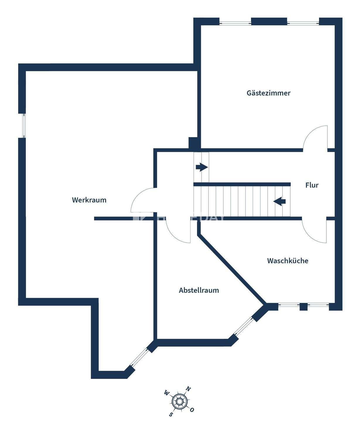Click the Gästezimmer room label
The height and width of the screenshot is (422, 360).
coord(268,93)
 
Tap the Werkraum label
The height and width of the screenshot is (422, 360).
coord(89,200)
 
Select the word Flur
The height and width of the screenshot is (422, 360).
coord(312,185)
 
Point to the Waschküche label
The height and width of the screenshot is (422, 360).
coord(288,261)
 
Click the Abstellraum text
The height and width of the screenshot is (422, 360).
coord(199,290)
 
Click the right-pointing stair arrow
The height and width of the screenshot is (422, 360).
coord(202,167)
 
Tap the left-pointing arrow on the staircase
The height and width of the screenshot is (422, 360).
coord(279,202)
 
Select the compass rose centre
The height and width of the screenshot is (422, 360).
coord(179,401)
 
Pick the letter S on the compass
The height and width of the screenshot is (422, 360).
coord(171,414)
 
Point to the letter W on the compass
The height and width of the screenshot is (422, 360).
coord(167,393)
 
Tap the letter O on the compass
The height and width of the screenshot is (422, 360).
coord(192,410)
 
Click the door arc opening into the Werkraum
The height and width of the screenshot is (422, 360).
coord(143,200)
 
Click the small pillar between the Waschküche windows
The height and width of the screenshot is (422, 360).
coord(303,307)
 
